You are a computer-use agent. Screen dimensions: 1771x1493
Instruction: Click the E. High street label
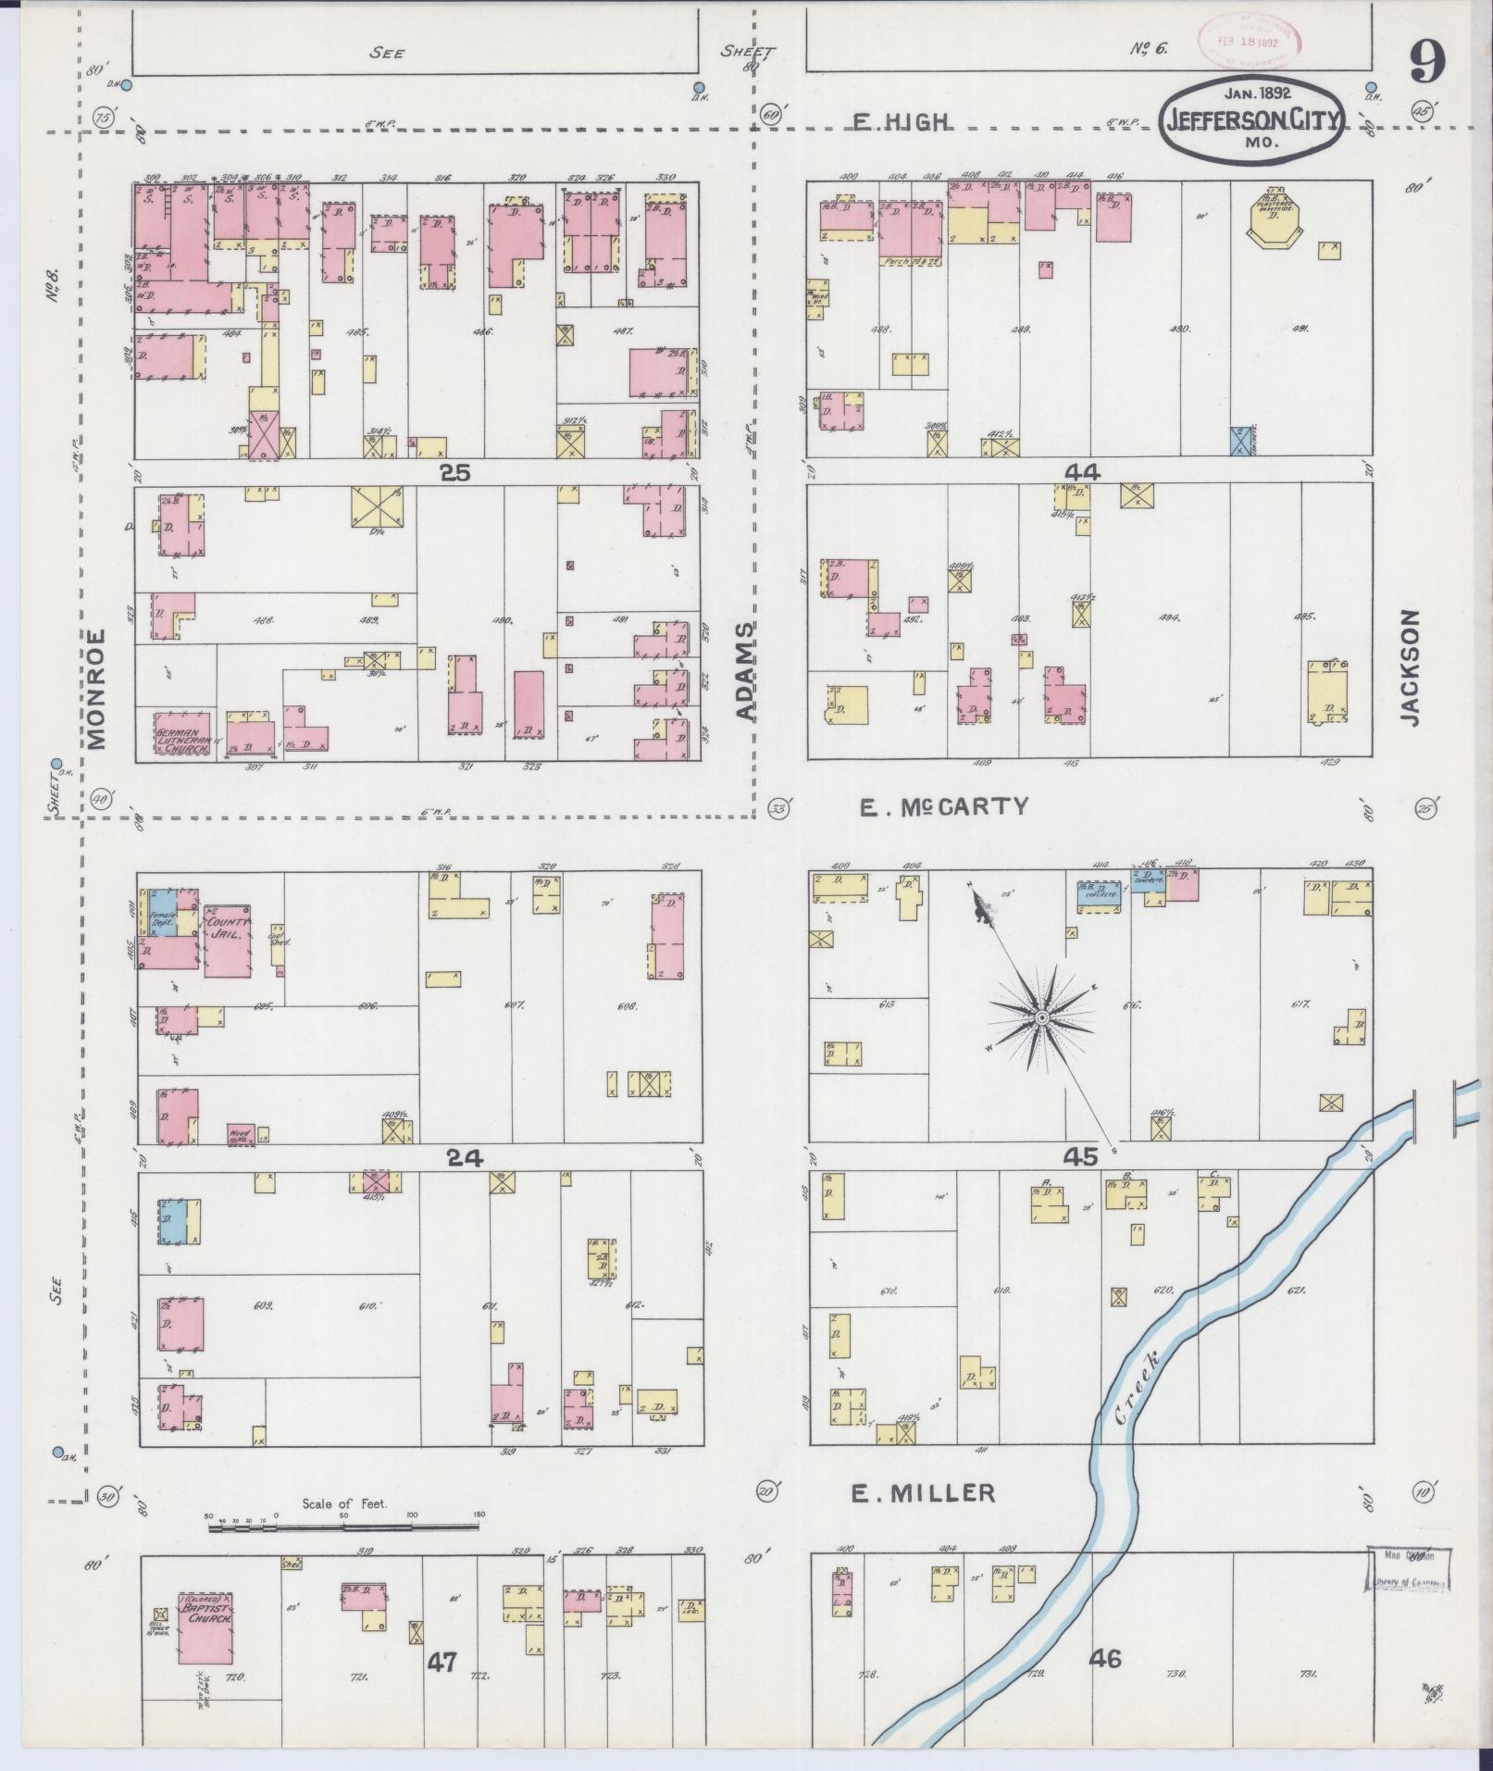(x=902, y=122)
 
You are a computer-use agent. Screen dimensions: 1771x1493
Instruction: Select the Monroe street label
(x=98, y=689)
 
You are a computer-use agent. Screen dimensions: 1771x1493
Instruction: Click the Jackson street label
(x=1409, y=667)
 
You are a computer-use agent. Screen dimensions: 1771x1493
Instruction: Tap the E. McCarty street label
(x=944, y=806)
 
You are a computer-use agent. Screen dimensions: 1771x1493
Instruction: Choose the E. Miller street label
(x=923, y=1493)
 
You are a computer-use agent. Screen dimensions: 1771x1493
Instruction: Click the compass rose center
(x=1040, y=1017)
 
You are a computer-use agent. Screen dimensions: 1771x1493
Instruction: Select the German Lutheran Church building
(x=182, y=734)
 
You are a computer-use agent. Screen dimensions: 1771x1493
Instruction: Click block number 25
(x=454, y=473)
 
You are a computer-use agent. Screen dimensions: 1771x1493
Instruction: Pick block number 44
(x=1081, y=472)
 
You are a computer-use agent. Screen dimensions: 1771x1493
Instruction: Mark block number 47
(x=442, y=1662)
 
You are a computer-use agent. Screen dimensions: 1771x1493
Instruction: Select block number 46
(x=1105, y=1658)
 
